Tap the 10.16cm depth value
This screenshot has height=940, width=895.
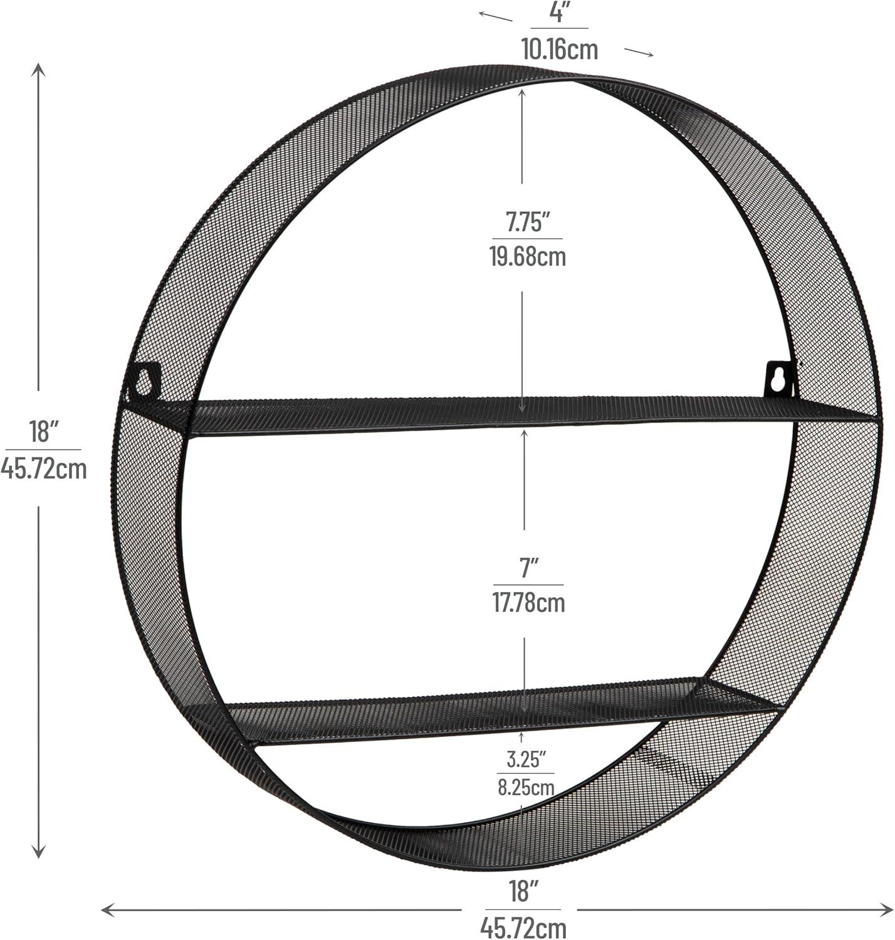(560, 50)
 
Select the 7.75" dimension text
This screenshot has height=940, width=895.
(528, 222)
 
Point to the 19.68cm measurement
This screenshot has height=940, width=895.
(528, 256)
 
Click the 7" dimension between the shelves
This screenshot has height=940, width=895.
(529, 568)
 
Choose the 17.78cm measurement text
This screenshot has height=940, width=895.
(529, 602)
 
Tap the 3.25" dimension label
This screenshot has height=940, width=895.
(526, 760)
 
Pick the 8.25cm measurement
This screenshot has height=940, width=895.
(526, 788)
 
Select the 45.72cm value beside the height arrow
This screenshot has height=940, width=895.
(44, 469)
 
